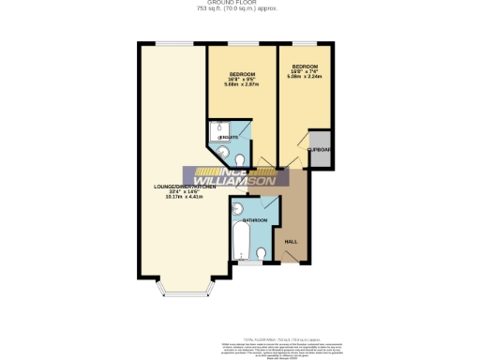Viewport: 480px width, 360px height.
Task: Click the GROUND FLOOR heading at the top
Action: pos(239,3)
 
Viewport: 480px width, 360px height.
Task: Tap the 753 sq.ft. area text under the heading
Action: pos(239,9)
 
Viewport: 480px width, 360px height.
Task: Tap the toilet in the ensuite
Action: pos(222,150)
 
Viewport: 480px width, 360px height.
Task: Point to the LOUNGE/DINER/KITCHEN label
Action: pos(185,187)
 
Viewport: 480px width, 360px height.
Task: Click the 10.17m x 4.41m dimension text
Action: pos(185,198)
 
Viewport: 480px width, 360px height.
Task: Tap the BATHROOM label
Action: pos(255,220)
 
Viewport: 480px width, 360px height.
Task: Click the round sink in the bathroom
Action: pos(237,209)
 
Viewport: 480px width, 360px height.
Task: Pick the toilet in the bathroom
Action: pos(262,253)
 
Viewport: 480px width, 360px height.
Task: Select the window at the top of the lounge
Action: pos(169,42)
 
